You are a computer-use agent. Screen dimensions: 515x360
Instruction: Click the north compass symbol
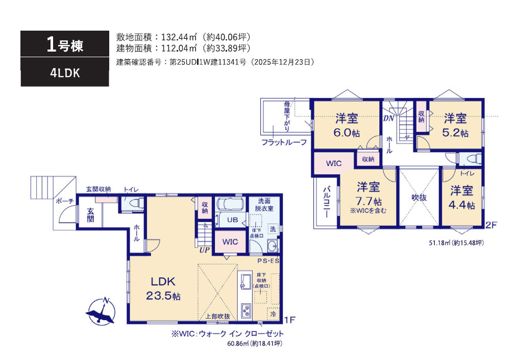[101, 311]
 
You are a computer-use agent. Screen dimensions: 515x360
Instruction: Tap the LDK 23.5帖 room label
[163, 289]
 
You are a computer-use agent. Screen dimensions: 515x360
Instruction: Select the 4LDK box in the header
[65, 73]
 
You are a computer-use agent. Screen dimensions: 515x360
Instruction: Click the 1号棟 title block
[65, 44]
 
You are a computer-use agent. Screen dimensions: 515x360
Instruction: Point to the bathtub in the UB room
[231, 204]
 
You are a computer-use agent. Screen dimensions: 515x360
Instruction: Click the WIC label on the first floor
[230, 242]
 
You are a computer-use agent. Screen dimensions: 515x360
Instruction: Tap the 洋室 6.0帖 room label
[347, 126]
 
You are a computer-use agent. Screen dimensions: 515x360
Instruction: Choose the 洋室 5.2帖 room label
[455, 126]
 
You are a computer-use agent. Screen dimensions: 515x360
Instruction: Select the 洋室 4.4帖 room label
[461, 198]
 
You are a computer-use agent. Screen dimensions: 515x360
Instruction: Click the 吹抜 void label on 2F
[419, 198]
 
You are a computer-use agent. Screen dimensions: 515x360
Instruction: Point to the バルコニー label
[327, 202]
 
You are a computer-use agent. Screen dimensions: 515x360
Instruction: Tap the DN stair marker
[388, 118]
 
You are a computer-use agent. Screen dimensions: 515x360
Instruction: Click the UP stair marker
[205, 250]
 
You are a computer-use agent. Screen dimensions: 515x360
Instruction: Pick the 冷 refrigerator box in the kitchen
[273, 314]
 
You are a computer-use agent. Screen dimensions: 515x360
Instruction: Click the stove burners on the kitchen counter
[246, 311]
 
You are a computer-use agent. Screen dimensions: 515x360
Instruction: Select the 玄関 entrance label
[90, 215]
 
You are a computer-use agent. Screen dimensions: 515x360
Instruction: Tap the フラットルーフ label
[284, 142]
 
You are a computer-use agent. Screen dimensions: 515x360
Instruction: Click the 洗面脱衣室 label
[264, 205]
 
